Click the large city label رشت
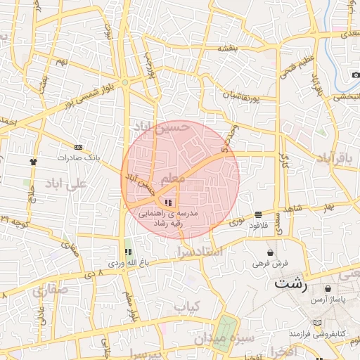290,285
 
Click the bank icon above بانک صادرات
78,148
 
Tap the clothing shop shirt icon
33,161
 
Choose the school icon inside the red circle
167,202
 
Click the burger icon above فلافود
259,214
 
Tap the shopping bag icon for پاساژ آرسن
328,289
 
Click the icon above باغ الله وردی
127,252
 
